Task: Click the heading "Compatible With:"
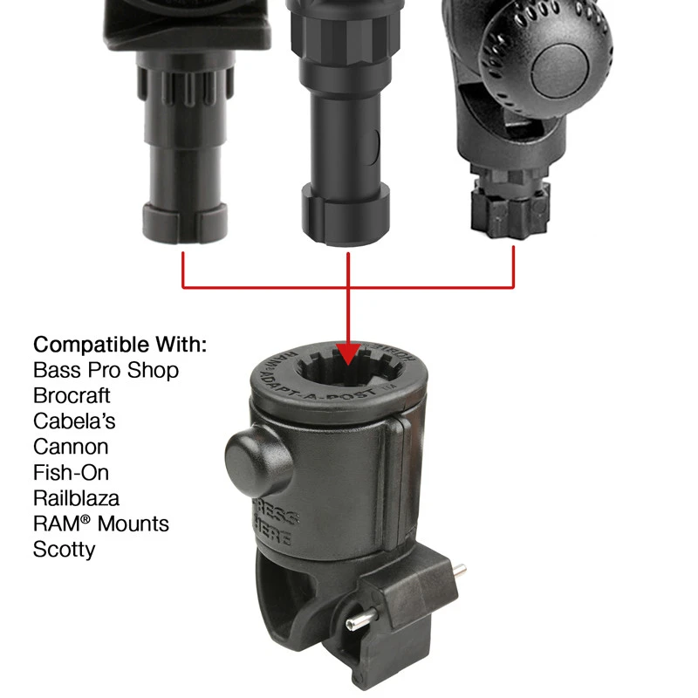120,344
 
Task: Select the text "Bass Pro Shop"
106,370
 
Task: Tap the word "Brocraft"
72,395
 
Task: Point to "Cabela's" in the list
74,421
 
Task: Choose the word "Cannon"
71,447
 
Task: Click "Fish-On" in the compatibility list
71,473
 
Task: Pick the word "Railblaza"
77,498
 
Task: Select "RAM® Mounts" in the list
101,524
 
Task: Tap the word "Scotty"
64,550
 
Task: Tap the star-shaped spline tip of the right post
510,210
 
